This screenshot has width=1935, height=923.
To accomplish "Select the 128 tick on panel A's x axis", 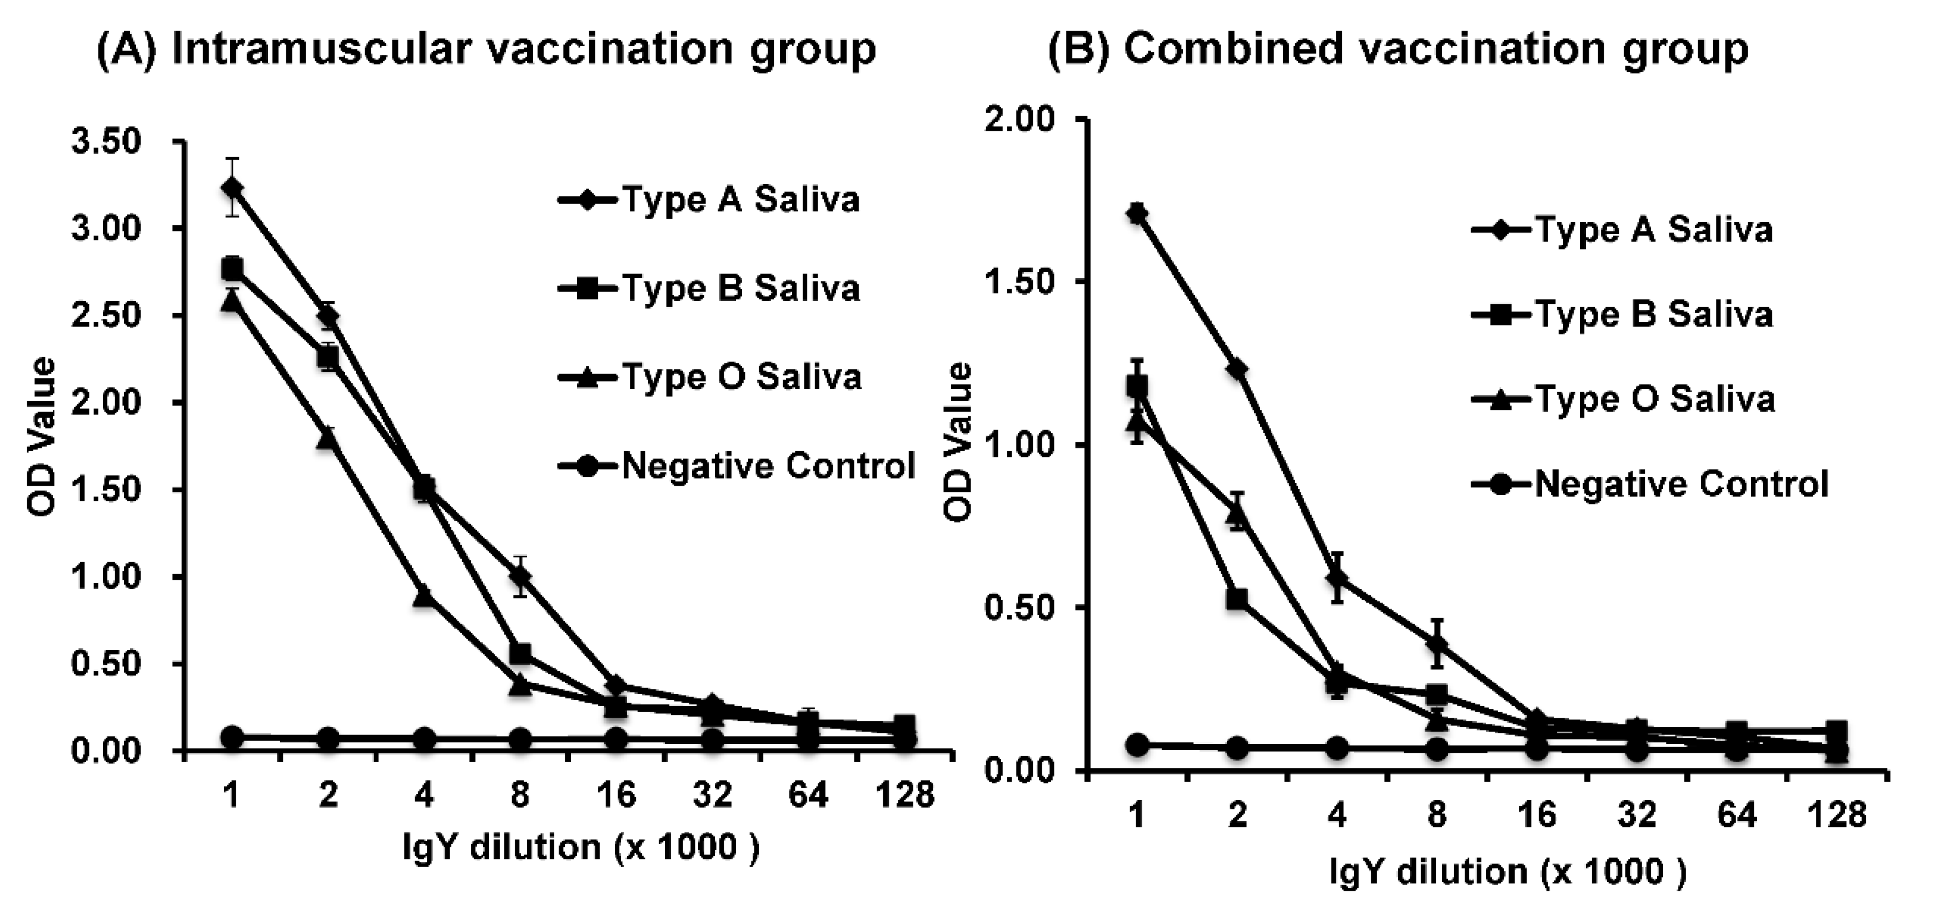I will click(905, 794).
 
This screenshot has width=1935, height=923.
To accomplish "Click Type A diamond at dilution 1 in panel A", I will click(232, 186).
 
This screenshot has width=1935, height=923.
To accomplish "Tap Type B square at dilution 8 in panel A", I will click(520, 653).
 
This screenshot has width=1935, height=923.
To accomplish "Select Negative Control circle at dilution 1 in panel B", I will click(1138, 745).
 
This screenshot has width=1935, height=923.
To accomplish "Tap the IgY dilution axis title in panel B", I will click(1508, 872).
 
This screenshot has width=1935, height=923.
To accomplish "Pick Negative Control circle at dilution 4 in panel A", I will click(424, 738).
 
